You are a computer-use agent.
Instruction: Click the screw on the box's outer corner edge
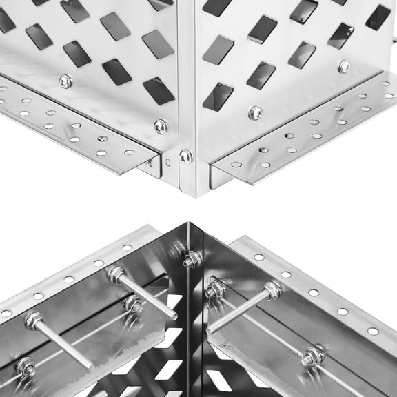pos(185,156)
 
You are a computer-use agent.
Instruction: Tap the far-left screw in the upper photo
pos(65,81)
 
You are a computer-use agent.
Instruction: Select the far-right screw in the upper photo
pos(344,67)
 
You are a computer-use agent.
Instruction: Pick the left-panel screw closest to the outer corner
pos(161,126)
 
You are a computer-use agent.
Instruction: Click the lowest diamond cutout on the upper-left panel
pos(159,91)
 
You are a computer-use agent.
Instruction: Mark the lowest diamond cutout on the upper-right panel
pos(218,96)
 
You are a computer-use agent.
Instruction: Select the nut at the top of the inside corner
pos(192,259)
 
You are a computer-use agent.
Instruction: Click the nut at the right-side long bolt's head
pos(272,291)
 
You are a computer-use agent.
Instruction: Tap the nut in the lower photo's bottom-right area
pos(312,356)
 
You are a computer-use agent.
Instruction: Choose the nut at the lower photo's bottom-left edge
pos(26,366)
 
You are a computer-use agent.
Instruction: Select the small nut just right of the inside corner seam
pos(214,290)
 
